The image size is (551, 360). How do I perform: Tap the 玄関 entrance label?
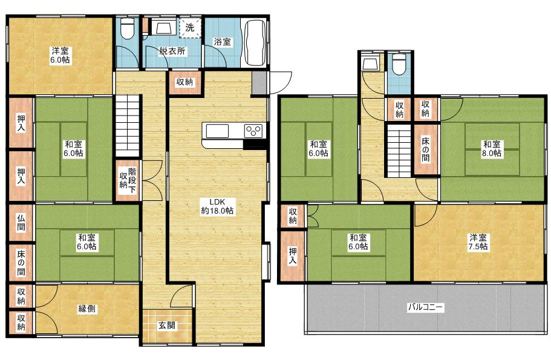166,326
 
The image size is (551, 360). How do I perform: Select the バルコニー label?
426,307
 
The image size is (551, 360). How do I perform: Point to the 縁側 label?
86,309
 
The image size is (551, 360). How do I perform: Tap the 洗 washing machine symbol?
190,27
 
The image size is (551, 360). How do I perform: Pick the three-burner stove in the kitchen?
253,131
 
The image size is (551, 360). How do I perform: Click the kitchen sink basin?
217,131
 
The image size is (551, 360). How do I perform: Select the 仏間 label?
21,223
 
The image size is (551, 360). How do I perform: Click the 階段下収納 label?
128,180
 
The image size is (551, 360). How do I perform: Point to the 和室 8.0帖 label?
492,149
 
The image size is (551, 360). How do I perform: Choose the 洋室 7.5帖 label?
478,242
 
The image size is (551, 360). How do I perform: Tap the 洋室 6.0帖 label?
60,55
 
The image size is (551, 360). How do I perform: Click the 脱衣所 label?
172,51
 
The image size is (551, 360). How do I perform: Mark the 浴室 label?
223,42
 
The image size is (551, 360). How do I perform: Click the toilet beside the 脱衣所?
127,28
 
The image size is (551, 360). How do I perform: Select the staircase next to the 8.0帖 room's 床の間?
399,151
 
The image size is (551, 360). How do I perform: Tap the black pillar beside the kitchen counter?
253,144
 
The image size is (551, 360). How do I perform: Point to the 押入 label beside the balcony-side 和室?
293,255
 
